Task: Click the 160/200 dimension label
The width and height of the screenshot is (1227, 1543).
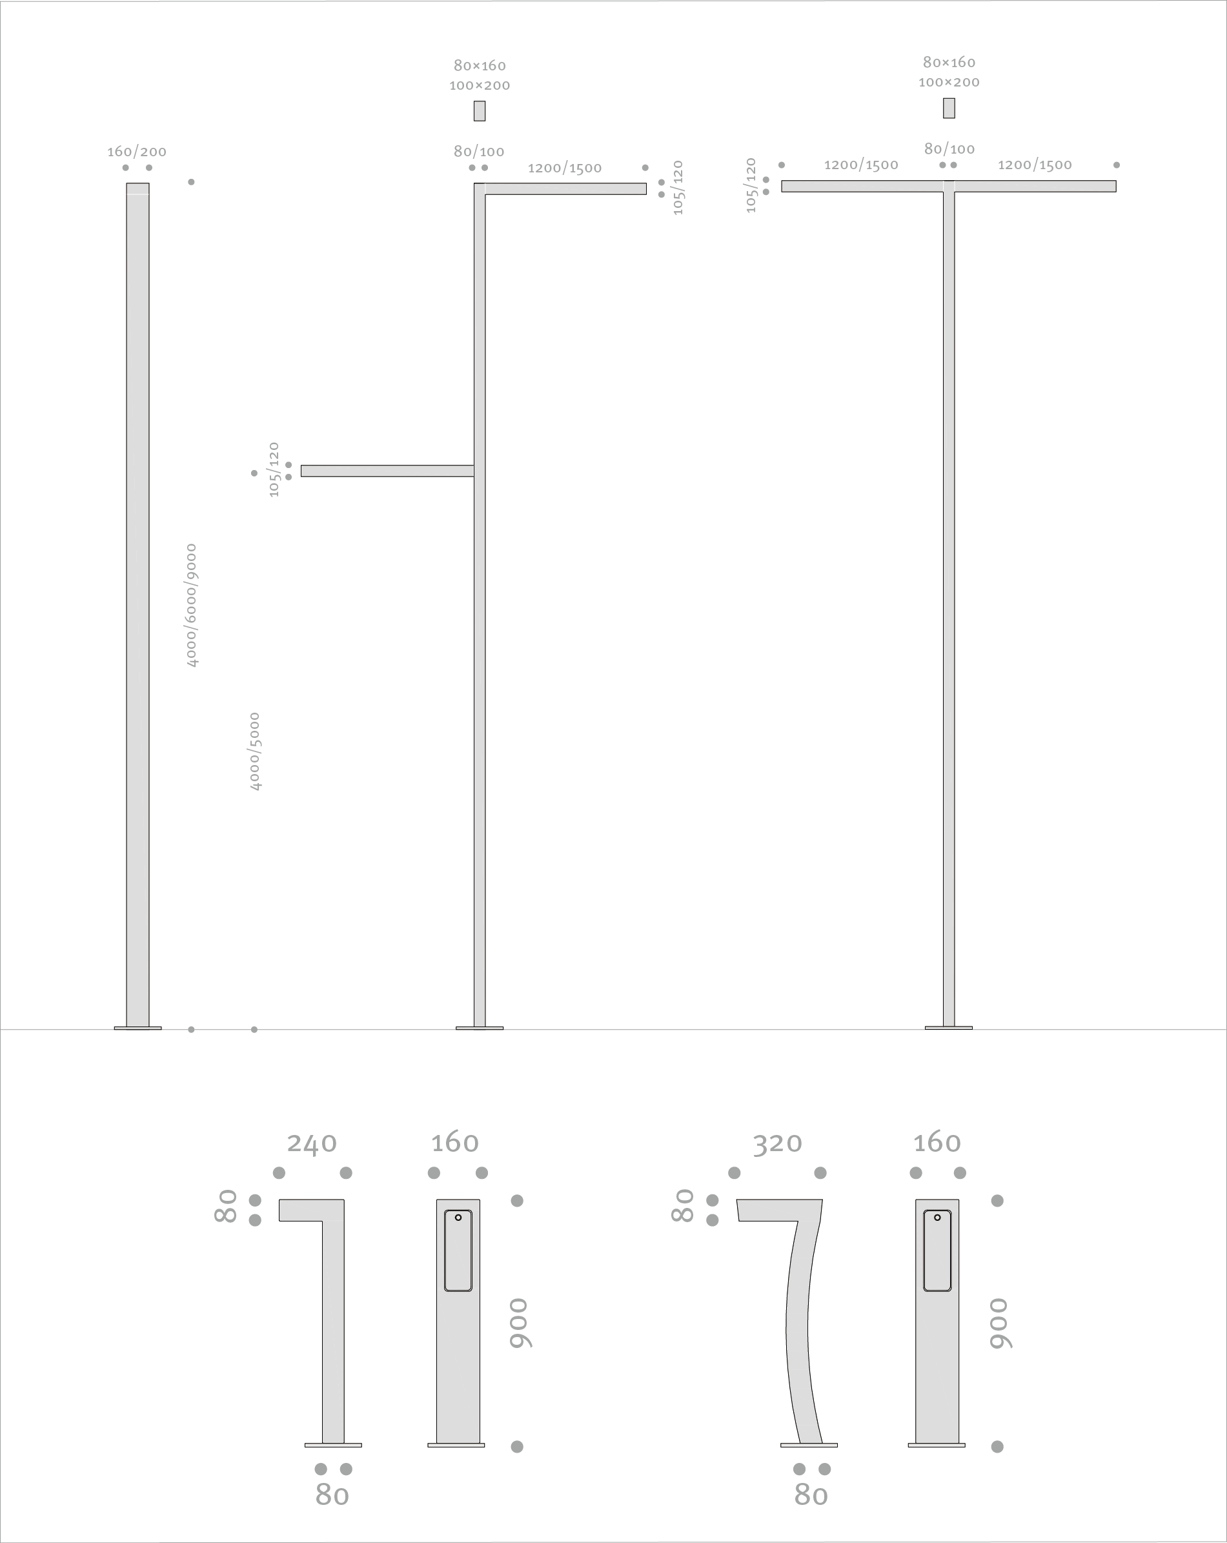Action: [x=137, y=152]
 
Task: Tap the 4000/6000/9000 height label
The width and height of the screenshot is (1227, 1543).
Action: [x=191, y=606]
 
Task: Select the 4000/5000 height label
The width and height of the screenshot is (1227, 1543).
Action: [x=255, y=751]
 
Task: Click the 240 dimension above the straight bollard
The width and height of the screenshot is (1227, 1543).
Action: [x=312, y=1143]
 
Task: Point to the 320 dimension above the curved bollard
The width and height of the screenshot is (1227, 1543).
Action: [x=777, y=1143]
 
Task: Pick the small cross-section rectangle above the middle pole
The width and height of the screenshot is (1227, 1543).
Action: [x=480, y=111]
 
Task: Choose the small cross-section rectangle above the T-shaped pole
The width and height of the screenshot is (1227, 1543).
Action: [x=949, y=108]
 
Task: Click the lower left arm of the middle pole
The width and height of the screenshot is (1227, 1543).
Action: [x=387, y=471]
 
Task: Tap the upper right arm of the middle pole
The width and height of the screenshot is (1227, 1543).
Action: [x=565, y=189]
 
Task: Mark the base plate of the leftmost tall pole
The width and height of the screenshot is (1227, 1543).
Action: [x=138, y=1028]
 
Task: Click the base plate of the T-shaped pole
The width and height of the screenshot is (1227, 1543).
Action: [x=949, y=1028]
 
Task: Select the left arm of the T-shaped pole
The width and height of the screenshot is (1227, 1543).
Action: [x=862, y=186]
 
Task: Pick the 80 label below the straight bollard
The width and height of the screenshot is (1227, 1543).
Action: [x=332, y=1496]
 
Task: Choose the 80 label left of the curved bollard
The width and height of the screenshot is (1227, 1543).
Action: [x=684, y=1206]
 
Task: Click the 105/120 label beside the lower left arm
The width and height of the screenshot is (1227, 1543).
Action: [x=273, y=469]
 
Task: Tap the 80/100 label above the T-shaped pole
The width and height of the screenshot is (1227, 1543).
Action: [x=949, y=149]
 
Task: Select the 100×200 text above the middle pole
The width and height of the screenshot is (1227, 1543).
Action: [x=480, y=86]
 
